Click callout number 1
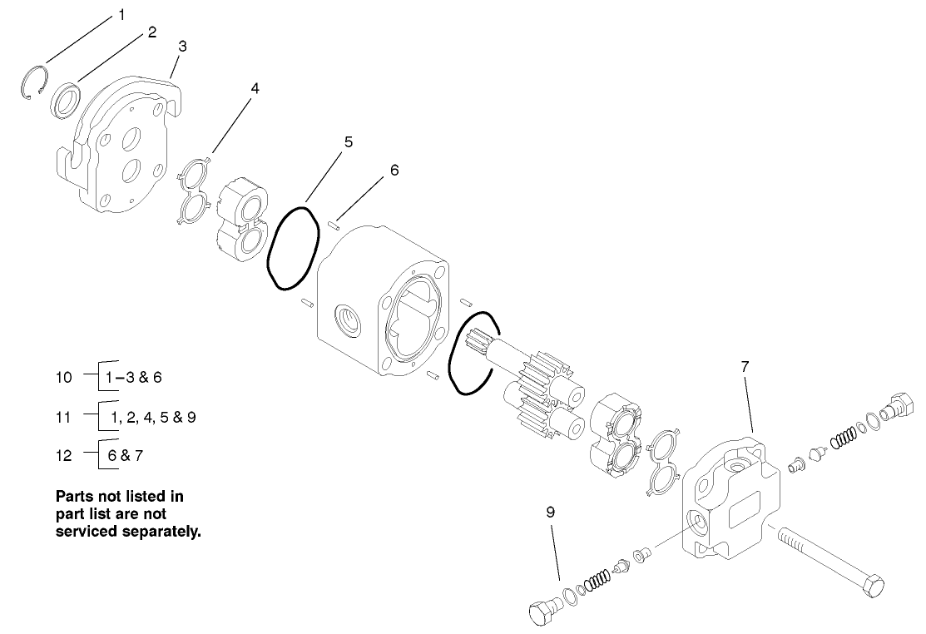pos(121,14)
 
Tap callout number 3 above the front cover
pos(182,46)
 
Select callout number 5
pos(348,141)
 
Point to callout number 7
pos(745,365)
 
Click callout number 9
pos(550,513)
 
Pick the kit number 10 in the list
pos(64,377)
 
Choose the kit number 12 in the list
pos(64,455)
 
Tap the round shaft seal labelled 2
pos(65,100)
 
